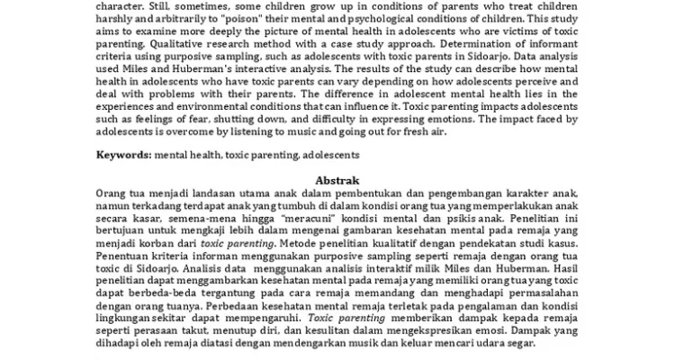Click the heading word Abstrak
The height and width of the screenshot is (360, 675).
[337, 180]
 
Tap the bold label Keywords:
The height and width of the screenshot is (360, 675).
[124, 156]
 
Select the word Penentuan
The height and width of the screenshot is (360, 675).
[124, 255]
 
